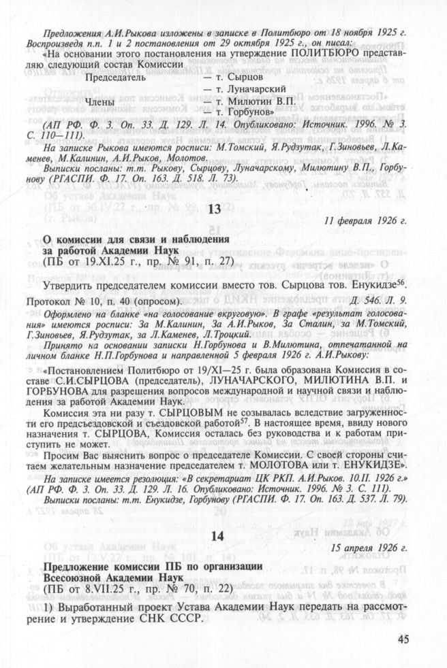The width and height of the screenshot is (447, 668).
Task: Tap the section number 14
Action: click(217, 535)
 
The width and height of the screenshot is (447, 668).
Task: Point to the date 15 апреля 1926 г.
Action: click(370, 548)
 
